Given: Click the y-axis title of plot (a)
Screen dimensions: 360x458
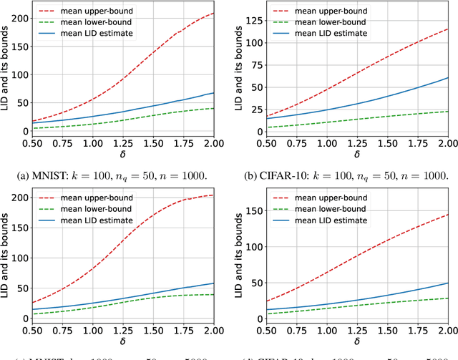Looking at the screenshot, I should click(6, 68).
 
